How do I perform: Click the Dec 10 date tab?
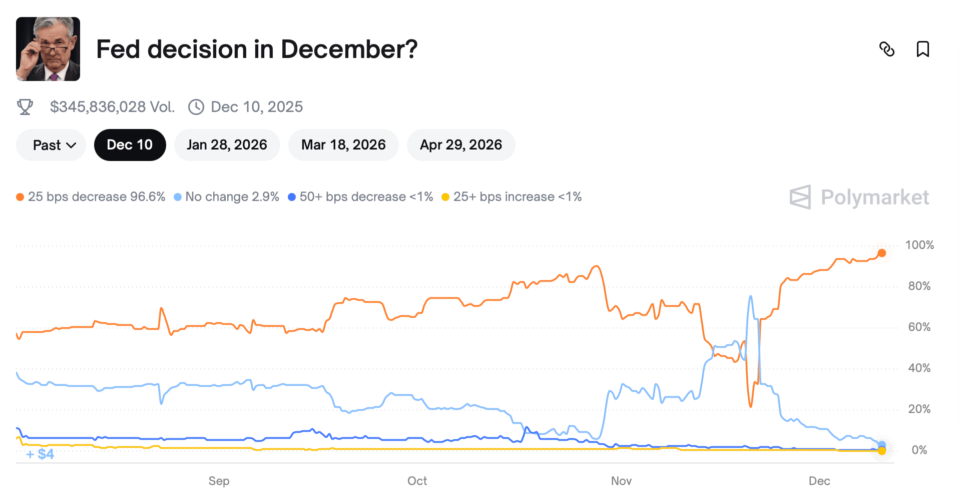click(130, 145)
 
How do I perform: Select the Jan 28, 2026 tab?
click(227, 145)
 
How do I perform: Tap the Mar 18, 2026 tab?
click(343, 145)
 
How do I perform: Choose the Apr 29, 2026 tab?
click(460, 145)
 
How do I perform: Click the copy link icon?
click(886, 49)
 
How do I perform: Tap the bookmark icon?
click(922, 49)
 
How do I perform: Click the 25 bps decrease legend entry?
click(91, 197)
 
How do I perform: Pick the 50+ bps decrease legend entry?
click(361, 197)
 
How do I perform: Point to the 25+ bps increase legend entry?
click(512, 197)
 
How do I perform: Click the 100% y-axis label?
click(919, 245)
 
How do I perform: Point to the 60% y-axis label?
click(919, 327)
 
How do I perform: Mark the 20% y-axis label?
click(919, 409)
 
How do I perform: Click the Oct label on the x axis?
click(417, 481)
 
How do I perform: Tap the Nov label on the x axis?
click(621, 481)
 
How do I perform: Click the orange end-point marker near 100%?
click(881, 253)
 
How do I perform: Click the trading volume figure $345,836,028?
click(112, 107)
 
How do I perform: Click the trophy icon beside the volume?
click(25, 107)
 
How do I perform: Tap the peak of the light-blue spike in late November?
click(750, 296)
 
